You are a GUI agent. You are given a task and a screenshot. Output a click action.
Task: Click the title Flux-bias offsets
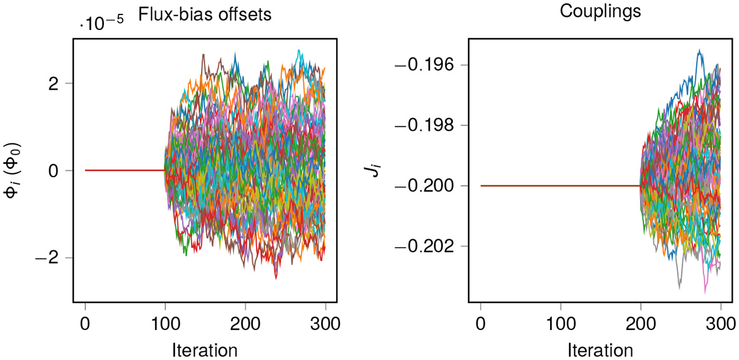click(205, 14)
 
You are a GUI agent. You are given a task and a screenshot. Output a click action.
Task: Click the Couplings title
click(600, 12)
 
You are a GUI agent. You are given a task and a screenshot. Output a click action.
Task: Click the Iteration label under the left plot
click(205, 349)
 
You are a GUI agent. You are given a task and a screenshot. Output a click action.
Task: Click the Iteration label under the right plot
click(600, 349)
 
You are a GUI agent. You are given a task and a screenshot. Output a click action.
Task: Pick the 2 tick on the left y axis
click(53, 83)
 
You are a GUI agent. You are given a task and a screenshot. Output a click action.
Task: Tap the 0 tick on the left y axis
click(53, 170)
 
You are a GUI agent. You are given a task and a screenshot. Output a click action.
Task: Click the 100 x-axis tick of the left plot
click(165, 324)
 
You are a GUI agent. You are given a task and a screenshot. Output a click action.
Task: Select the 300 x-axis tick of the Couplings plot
click(721, 324)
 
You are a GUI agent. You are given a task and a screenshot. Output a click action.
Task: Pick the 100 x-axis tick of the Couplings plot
click(561, 324)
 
